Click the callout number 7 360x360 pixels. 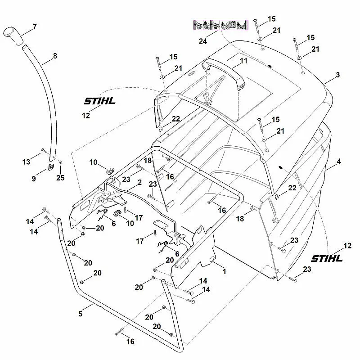35,27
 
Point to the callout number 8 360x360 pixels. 55,56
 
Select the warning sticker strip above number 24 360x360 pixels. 220,25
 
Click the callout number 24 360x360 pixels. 202,41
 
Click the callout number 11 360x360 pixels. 243,60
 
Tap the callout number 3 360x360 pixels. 337,75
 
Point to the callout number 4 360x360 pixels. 338,161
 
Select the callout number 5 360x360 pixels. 80,314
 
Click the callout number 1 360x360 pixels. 224,272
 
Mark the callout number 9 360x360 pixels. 33,179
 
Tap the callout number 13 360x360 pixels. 26,161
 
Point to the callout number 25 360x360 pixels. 60,178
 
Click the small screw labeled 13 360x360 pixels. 42,150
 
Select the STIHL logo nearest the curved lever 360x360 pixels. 99,101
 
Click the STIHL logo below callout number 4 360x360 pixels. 327,258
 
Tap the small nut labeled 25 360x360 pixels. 61,162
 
